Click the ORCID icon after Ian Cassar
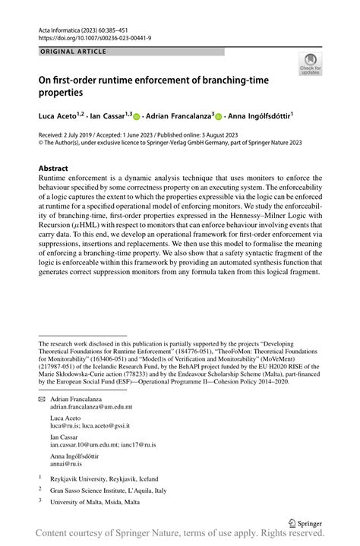pos(137,117)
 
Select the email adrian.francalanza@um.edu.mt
pos(91,407)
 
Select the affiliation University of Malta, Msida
pos(95,503)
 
